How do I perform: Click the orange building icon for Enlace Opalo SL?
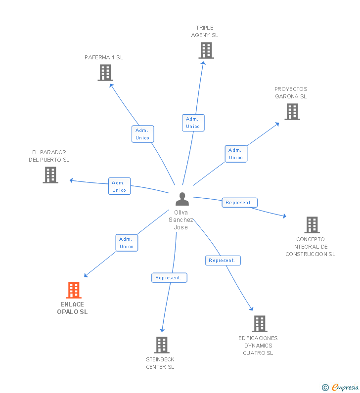(73, 290)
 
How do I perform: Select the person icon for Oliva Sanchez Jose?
(182, 199)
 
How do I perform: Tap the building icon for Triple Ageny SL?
(206, 50)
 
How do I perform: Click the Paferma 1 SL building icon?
(105, 73)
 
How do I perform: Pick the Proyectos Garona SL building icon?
(292, 112)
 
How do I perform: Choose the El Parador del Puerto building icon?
(50, 175)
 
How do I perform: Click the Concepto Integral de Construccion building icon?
(312, 225)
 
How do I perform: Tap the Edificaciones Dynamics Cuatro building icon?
(259, 324)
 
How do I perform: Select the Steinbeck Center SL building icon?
(161, 345)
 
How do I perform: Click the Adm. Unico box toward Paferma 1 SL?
(142, 134)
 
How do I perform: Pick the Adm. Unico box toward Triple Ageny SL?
(193, 123)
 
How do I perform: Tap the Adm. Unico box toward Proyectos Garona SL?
(236, 154)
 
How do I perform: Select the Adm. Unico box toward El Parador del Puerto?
(119, 186)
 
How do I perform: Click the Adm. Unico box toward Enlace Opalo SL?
(127, 243)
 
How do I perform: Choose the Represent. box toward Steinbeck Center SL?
(169, 278)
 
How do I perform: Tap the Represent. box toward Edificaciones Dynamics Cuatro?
(223, 261)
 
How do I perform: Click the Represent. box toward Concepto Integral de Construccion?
(239, 203)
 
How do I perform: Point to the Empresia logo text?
(345, 387)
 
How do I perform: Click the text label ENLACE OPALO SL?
(72, 308)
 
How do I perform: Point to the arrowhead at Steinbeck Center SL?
(162, 330)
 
